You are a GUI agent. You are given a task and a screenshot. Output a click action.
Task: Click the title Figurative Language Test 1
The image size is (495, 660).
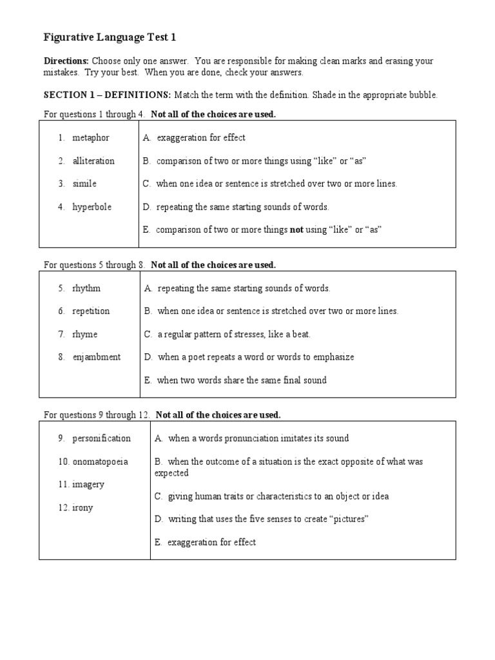[x=110, y=38]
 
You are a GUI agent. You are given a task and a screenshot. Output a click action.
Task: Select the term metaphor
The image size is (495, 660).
[x=91, y=137]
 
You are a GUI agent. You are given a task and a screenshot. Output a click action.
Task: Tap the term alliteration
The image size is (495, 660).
[x=93, y=160]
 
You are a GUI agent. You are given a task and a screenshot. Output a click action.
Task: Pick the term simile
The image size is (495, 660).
[x=84, y=184]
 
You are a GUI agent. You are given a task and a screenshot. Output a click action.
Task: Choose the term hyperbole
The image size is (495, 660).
[x=92, y=207]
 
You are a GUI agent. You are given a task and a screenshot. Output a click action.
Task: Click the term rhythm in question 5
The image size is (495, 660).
[x=86, y=288]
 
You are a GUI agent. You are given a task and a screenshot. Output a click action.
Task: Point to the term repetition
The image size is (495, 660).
[x=91, y=311]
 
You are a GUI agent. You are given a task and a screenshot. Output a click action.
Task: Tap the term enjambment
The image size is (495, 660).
[x=96, y=357]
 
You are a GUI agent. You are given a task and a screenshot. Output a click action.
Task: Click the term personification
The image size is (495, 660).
[x=101, y=438]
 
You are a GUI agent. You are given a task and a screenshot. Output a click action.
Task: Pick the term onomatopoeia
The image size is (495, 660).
[x=100, y=461]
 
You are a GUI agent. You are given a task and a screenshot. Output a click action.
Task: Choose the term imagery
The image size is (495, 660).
[x=88, y=484]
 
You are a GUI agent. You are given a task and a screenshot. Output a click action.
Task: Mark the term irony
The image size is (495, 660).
[x=82, y=507]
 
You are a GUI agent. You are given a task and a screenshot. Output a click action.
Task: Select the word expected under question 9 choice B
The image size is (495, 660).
[x=171, y=473]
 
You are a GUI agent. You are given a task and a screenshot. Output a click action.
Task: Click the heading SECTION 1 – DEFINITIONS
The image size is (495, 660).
[x=107, y=95]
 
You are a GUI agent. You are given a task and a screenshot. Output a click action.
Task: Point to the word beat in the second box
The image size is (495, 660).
[x=300, y=334]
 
